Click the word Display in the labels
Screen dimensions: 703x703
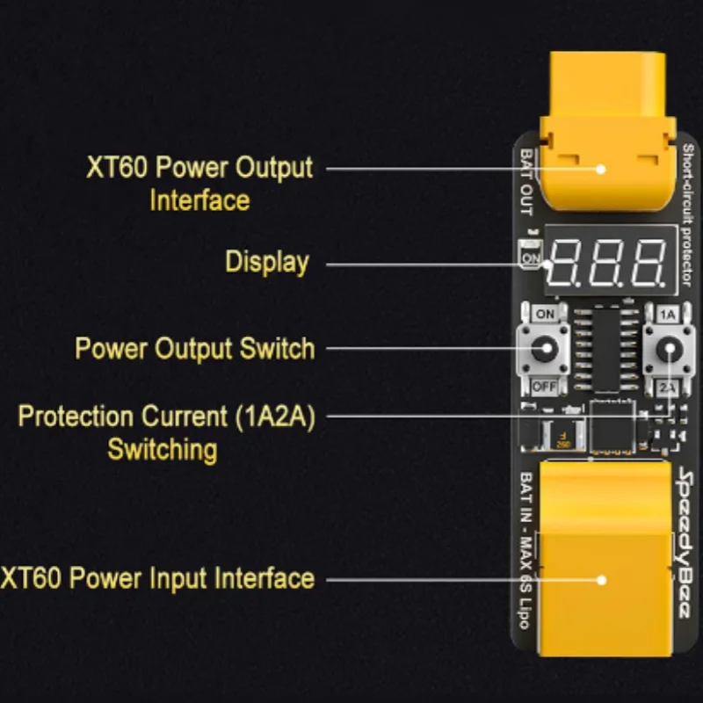[x=267, y=262]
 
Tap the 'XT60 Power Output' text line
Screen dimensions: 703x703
[x=199, y=167]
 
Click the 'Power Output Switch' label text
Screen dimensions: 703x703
[x=194, y=348]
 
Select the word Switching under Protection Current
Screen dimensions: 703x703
[x=163, y=449]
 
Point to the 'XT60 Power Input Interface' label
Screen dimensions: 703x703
[x=157, y=578]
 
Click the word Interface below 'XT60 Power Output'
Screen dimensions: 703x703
[x=199, y=200]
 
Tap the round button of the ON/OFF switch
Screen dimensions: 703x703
[x=545, y=350]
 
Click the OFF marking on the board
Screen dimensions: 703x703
[x=545, y=386]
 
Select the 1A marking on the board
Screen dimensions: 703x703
[x=668, y=314]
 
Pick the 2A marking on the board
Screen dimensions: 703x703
[x=668, y=387]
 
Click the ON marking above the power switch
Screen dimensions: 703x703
[x=545, y=314]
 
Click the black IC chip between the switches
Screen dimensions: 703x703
[x=606, y=348]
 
